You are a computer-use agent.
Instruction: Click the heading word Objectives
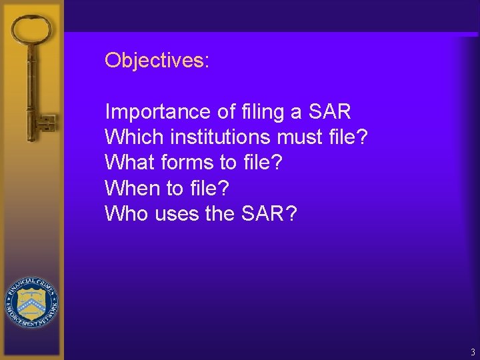(x=157, y=61)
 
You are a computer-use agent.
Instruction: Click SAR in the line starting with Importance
(x=329, y=111)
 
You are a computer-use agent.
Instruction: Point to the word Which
(x=134, y=137)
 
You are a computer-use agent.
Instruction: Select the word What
(x=130, y=163)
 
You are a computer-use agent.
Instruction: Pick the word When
(x=133, y=189)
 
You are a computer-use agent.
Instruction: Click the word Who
(x=127, y=214)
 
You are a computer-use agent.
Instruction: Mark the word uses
(x=177, y=214)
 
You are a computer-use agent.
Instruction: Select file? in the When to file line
(x=207, y=189)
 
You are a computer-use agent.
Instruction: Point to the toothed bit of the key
(x=46, y=123)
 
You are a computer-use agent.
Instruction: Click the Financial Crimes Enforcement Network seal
(x=31, y=303)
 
